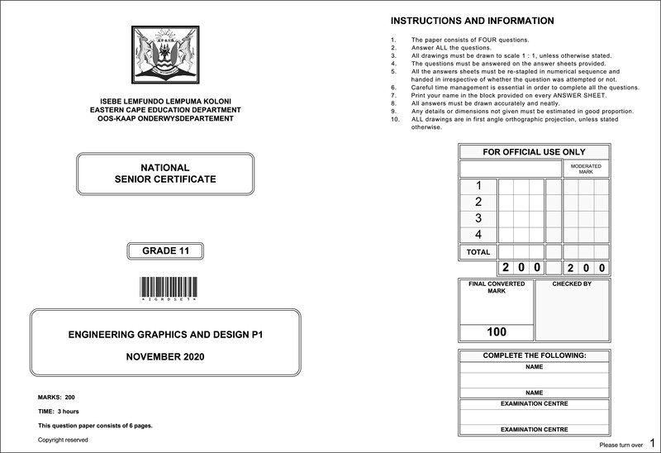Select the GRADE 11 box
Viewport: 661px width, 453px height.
tap(165, 251)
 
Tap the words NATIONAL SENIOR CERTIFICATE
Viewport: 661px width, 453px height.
tap(165, 174)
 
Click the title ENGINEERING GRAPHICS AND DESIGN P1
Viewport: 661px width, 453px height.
tap(165, 335)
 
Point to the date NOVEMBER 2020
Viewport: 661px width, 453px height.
tap(165, 357)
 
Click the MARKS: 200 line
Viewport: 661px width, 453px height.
tap(57, 398)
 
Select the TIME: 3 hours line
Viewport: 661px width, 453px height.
tap(59, 411)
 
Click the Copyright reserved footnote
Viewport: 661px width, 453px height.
tap(63, 440)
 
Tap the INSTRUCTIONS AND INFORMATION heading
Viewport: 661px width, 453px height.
tap(472, 21)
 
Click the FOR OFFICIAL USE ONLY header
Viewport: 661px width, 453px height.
tap(534, 152)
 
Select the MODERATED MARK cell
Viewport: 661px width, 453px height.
tap(586, 169)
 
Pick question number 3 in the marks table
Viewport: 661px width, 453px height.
tap(478, 218)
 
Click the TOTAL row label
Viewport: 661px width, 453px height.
tap(478, 252)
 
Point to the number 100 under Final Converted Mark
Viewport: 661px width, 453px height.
tap(497, 332)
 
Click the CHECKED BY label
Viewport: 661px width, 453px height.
tap(572, 284)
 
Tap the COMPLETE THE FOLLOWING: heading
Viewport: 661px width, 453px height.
tap(534, 355)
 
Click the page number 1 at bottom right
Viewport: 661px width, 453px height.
tap(653, 443)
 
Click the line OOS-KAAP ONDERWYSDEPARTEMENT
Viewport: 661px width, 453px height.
tap(165, 119)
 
